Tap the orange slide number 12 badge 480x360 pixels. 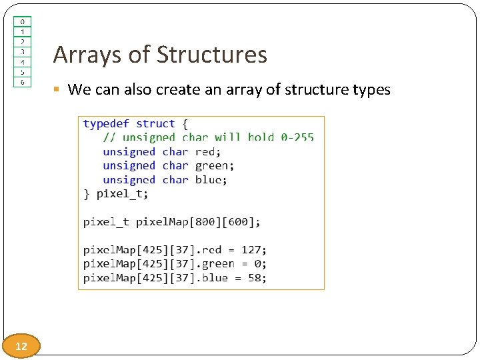[21, 346]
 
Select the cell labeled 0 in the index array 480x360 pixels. [22, 21]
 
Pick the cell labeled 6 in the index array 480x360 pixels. [22, 81]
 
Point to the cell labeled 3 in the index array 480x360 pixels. [22, 51]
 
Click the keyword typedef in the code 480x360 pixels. [106, 124]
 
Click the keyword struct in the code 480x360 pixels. [156, 124]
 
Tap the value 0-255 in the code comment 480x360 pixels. [297, 138]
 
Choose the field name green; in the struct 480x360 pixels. [215, 166]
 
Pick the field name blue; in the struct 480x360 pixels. [211, 180]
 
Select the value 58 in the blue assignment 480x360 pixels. [255, 278]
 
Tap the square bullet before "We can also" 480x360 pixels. [59, 90]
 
